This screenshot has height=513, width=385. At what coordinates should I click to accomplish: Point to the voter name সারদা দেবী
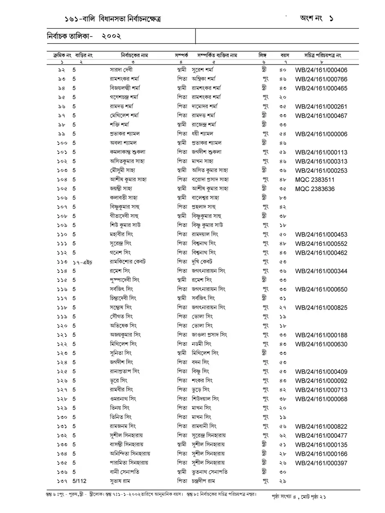tap(122, 70)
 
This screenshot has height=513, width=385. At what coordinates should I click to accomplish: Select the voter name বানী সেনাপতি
tap(125, 472)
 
